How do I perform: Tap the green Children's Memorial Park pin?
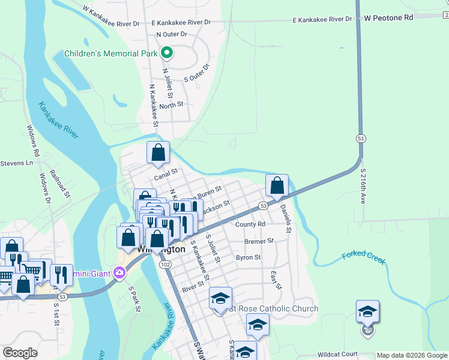tap(167, 53)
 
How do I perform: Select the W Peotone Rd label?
tap(389, 18)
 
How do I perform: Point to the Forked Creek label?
tap(363, 258)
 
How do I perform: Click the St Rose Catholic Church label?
tap(274, 309)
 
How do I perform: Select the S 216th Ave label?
tap(363, 186)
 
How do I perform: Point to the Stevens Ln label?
tap(16, 163)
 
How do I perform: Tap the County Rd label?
tap(250, 224)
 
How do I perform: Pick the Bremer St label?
tap(259, 241)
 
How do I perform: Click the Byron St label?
tap(248, 257)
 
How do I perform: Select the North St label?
tap(171, 105)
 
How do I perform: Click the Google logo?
tap(20, 353)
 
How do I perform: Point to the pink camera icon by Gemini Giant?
tap(119, 274)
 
